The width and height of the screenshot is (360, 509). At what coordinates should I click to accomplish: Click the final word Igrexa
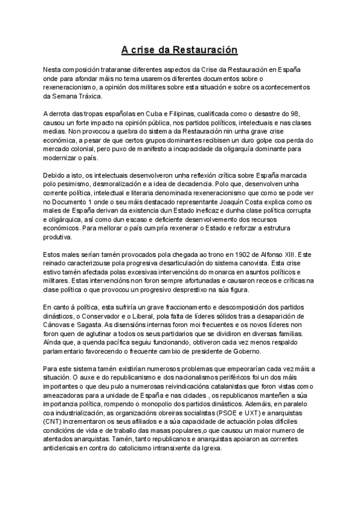tap(210, 448)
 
